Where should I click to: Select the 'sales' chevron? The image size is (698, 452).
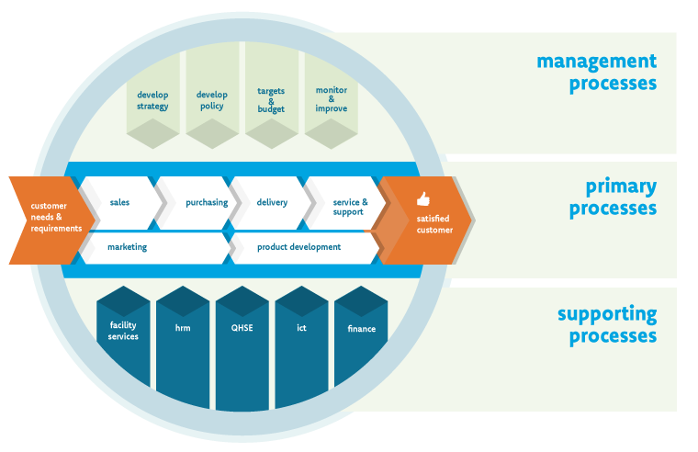click(119, 202)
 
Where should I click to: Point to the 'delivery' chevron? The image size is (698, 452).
click(272, 202)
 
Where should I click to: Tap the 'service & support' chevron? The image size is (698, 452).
click(347, 206)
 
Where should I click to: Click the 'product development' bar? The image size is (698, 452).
click(299, 247)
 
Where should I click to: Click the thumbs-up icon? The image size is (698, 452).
click(423, 198)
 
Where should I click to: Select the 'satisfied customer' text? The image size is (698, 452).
click(434, 224)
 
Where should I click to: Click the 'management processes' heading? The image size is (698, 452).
click(597, 73)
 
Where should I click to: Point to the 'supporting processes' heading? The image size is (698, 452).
click(607, 324)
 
